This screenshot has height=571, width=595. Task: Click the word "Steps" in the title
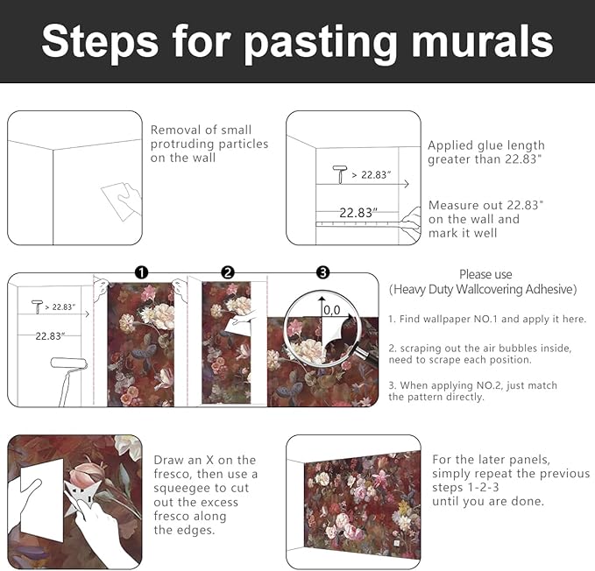point(100,42)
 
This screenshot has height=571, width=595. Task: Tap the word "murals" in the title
point(482,40)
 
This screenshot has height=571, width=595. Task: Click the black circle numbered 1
point(142,272)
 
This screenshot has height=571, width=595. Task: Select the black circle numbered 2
point(228,272)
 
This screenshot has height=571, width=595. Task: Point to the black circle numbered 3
point(322,272)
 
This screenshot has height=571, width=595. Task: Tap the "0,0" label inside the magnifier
point(332,311)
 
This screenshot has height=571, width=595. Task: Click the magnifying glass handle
point(367,356)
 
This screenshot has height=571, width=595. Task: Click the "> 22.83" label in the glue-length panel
point(371,175)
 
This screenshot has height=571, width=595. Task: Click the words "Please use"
point(485,274)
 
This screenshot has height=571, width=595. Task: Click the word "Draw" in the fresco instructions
point(167,460)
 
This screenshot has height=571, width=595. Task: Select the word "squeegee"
point(183,489)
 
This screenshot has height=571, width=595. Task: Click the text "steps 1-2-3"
point(465,487)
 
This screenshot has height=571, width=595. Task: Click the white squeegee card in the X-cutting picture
point(41,501)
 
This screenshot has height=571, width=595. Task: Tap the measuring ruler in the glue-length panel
point(358,224)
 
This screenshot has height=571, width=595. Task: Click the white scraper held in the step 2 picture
point(237,325)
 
